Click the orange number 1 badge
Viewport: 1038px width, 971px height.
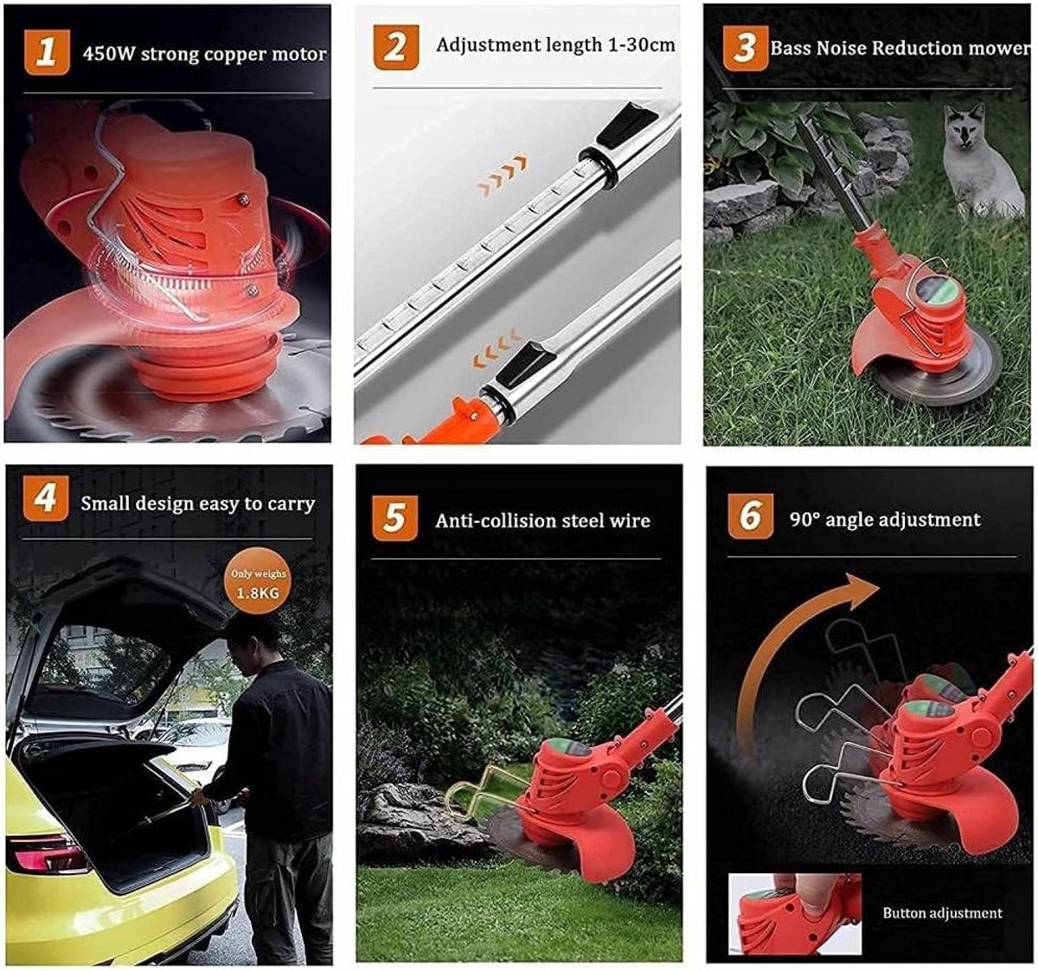[47, 53]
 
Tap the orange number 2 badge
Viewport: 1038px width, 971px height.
[396, 48]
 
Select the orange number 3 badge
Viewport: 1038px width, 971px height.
[746, 48]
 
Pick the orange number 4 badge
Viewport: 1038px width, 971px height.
[46, 497]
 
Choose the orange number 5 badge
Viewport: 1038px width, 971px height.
[394, 518]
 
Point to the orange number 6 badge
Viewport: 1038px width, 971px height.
[751, 516]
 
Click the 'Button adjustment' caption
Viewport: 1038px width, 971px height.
[942, 913]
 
